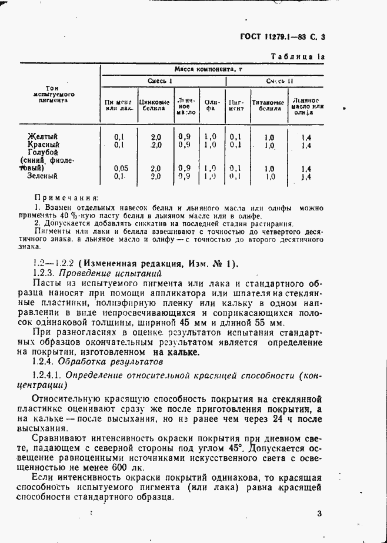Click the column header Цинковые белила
(x=154, y=105)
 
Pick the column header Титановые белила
(x=268, y=105)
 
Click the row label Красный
(x=44, y=144)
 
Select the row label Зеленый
(x=42, y=175)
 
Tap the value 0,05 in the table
(x=119, y=168)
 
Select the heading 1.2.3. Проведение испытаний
(x=96, y=273)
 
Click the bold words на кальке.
(x=176, y=353)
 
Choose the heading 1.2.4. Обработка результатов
(x=96, y=363)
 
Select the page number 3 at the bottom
(x=319, y=513)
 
